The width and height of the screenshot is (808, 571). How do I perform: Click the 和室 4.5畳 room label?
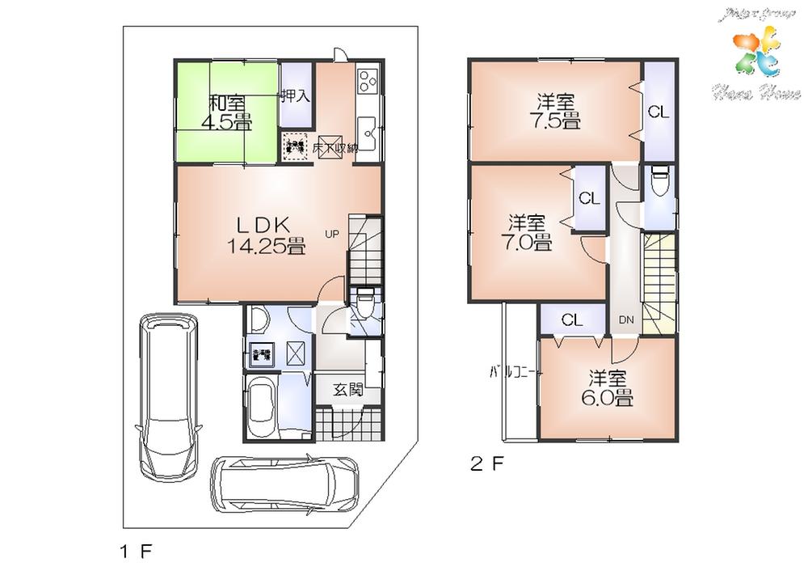pyautogui.click(x=229, y=112)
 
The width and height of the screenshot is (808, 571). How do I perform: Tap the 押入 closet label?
pyautogui.click(x=294, y=96)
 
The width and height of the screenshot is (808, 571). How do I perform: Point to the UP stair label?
pyautogui.click(x=331, y=235)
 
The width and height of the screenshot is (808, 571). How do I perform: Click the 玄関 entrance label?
pyautogui.click(x=347, y=389)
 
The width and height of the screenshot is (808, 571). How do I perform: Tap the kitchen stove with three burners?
pyautogui.click(x=367, y=82)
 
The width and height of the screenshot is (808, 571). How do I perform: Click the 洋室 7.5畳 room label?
pyautogui.click(x=558, y=112)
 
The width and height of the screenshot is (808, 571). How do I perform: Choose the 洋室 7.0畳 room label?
pyautogui.click(x=530, y=232)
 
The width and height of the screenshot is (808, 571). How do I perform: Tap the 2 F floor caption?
pyautogui.click(x=487, y=466)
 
